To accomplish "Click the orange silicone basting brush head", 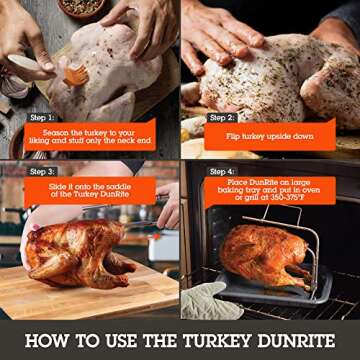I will (75, 74).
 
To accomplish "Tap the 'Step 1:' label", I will (43, 117).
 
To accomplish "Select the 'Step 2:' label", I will (222, 117).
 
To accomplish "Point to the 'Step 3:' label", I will (43, 171).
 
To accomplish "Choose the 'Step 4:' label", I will (222, 171).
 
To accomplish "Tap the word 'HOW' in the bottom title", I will (45, 339).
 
